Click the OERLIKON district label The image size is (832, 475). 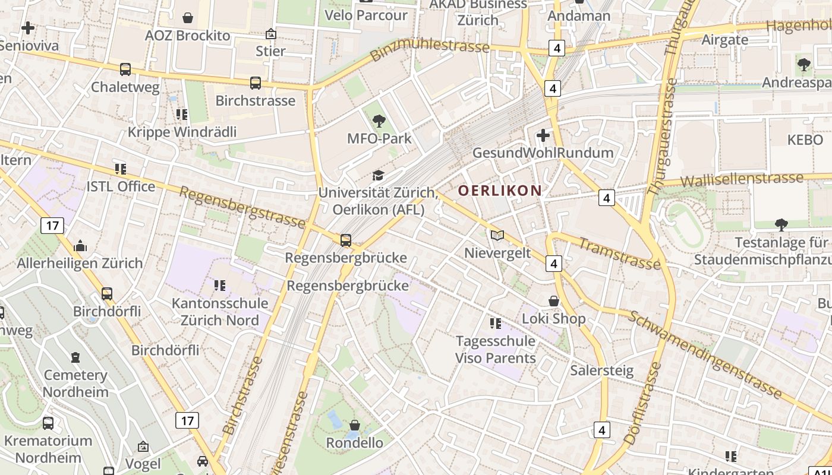500,191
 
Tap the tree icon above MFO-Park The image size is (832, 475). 379,122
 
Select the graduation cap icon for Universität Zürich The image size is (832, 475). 378,175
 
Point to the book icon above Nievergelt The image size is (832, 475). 497,236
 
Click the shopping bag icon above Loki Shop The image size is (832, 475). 554,302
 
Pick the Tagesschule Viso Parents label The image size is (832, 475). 495,350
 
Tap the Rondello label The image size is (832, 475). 355,443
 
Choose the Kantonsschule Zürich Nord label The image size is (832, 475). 220,312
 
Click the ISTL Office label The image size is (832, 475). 121,186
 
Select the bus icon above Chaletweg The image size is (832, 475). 125,69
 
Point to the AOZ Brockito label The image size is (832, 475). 187,36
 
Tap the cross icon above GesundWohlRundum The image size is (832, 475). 543,135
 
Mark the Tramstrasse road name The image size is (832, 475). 619,254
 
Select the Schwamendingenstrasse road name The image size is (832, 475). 705,354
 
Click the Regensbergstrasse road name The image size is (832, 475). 242,208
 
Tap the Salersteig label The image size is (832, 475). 602,370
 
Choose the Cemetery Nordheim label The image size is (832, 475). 75,384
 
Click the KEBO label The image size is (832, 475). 805,140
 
